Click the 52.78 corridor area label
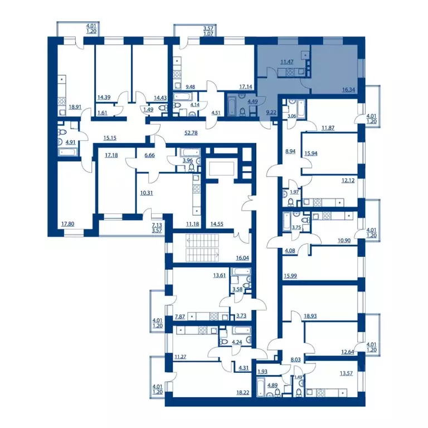point(191,133)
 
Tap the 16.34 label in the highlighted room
point(348,90)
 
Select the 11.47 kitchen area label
point(287,62)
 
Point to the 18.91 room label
point(75,107)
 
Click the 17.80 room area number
point(67,224)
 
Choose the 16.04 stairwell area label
point(242,257)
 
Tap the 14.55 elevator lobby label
point(217,224)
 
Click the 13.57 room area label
point(346,373)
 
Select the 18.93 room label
point(310,316)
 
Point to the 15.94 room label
point(311,153)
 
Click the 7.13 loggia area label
point(157,225)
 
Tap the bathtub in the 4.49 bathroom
point(232,105)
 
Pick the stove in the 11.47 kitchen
point(290,72)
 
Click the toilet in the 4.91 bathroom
point(62,132)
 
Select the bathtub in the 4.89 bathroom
point(261,387)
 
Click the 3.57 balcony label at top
point(208,28)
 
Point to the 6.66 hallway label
point(149,155)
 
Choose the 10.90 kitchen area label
point(344,241)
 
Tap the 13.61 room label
point(220,275)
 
